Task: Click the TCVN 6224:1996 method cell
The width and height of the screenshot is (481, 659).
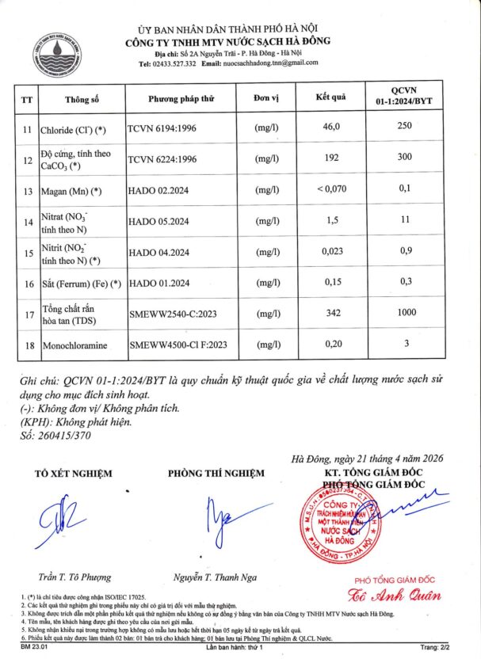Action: [162, 158]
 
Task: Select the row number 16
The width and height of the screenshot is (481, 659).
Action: [26, 283]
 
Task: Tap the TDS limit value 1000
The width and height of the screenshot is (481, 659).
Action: [407, 313]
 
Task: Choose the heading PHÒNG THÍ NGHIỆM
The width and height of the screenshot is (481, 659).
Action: [216, 474]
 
